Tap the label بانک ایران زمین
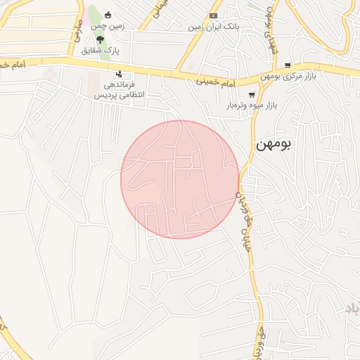[214, 27]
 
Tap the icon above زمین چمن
[108, 15]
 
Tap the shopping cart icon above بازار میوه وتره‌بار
[252, 94]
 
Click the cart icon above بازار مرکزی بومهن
[288, 65]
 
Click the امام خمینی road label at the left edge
[21, 65]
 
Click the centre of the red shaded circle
[180, 179]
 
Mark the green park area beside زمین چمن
[94, 21]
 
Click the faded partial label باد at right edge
[352, 308]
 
